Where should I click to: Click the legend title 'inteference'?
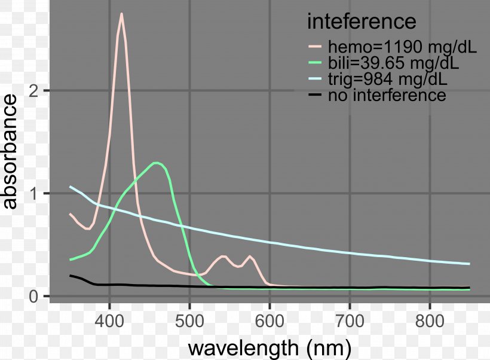point(361,22)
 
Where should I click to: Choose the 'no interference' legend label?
point(387,95)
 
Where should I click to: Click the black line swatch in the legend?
point(316,95)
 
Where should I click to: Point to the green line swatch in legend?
point(316,63)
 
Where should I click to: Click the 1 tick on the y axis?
point(35,194)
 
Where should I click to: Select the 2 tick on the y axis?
point(35,91)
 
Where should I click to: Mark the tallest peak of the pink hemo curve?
point(121,14)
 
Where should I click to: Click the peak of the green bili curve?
point(157,163)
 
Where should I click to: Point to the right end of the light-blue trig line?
point(469,264)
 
